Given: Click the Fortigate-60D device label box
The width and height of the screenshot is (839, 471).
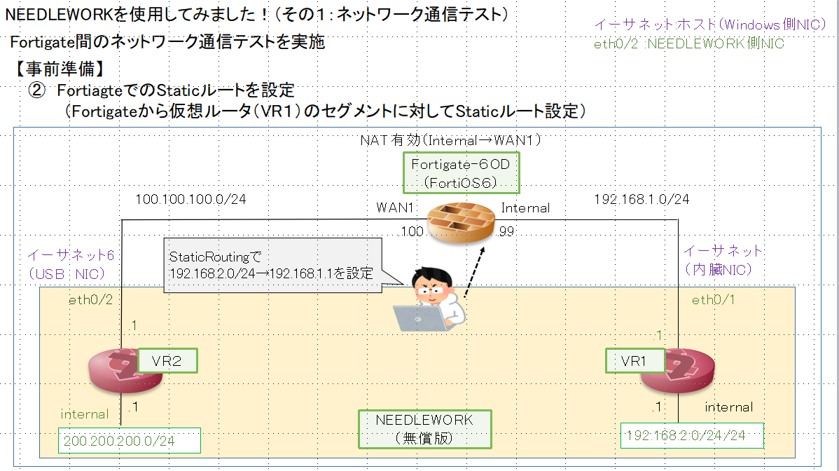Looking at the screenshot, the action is [461, 173].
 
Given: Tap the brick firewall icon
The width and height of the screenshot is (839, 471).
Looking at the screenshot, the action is [462, 224].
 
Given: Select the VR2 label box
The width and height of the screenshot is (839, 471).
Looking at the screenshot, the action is [167, 361].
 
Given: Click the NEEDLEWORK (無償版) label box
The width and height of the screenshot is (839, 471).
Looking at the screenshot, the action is [424, 429].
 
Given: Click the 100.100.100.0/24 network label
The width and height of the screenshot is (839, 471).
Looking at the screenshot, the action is [190, 200].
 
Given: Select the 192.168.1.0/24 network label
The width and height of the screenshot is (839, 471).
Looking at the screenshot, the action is [641, 200].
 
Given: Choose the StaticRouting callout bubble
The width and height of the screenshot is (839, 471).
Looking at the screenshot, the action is [273, 266].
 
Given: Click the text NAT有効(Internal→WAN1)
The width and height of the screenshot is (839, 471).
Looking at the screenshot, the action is [452, 140].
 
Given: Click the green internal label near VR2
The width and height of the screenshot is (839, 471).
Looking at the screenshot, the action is [85, 414].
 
